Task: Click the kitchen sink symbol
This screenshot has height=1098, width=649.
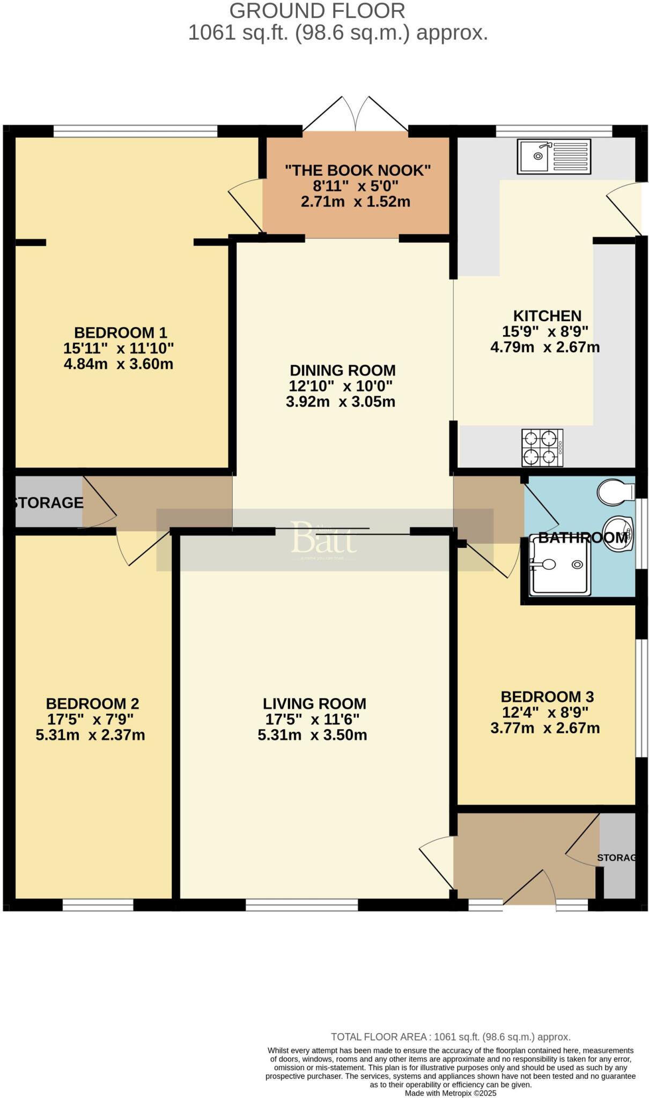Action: tap(554, 156)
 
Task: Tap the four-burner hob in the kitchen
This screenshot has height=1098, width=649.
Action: tap(542, 448)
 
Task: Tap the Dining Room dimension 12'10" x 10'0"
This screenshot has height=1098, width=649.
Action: tap(341, 386)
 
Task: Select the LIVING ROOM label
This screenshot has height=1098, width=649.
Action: tap(314, 703)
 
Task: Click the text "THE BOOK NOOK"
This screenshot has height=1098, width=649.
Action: tap(358, 170)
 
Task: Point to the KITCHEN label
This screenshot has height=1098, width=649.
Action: tap(547, 316)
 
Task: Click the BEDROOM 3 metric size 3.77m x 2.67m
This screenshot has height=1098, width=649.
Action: tap(545, 728)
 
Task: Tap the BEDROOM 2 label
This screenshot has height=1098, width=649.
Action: tap(92, 703)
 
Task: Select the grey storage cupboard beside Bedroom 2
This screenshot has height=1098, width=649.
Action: tap(47, 502)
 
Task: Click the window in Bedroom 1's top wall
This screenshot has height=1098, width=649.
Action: tap(135, 131)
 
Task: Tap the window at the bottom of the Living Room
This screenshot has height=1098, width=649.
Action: tap(301, 905)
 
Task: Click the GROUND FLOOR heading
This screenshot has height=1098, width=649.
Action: tap(317, 11)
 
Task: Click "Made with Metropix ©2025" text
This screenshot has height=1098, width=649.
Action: tap(451, 1093)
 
